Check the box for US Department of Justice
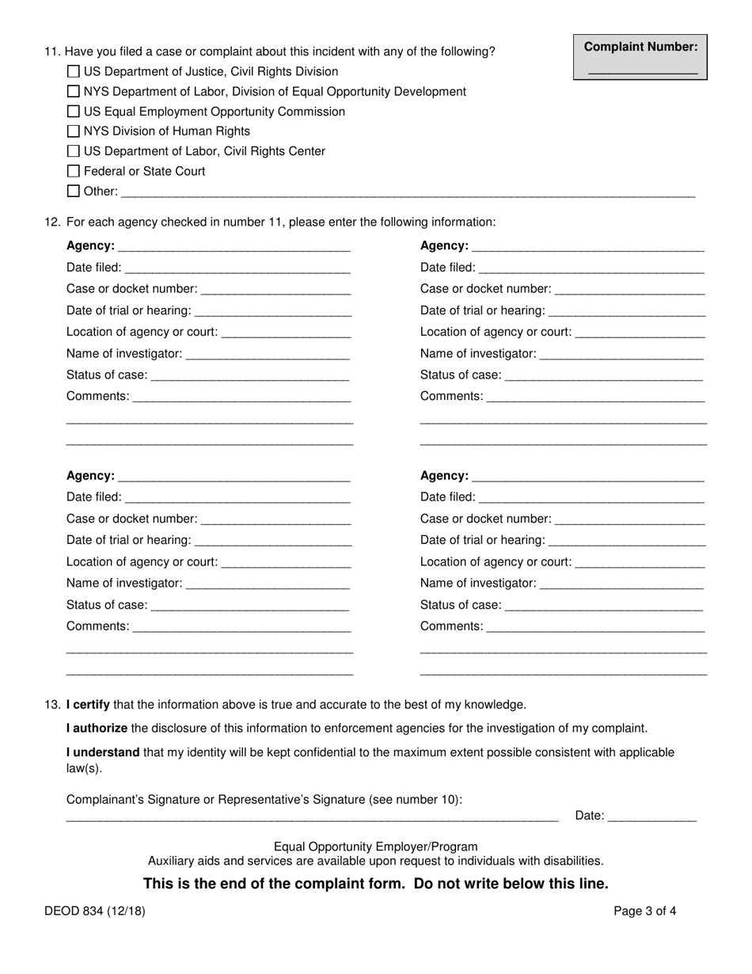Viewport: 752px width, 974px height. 74,71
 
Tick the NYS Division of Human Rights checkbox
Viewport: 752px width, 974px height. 74,131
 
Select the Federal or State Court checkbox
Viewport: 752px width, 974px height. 74,171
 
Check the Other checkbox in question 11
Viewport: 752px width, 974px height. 74,191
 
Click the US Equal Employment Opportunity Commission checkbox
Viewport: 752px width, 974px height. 74,112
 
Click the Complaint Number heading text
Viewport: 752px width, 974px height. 641,47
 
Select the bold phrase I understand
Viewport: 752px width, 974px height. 103,751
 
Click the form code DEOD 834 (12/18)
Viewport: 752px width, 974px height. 95,911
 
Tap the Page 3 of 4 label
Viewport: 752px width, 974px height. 644,911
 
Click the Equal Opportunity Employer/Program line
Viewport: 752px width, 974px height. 375,847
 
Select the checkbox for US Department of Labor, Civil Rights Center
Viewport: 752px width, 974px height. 74,151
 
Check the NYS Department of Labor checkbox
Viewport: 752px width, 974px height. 74,92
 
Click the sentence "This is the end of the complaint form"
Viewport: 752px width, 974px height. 375,884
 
